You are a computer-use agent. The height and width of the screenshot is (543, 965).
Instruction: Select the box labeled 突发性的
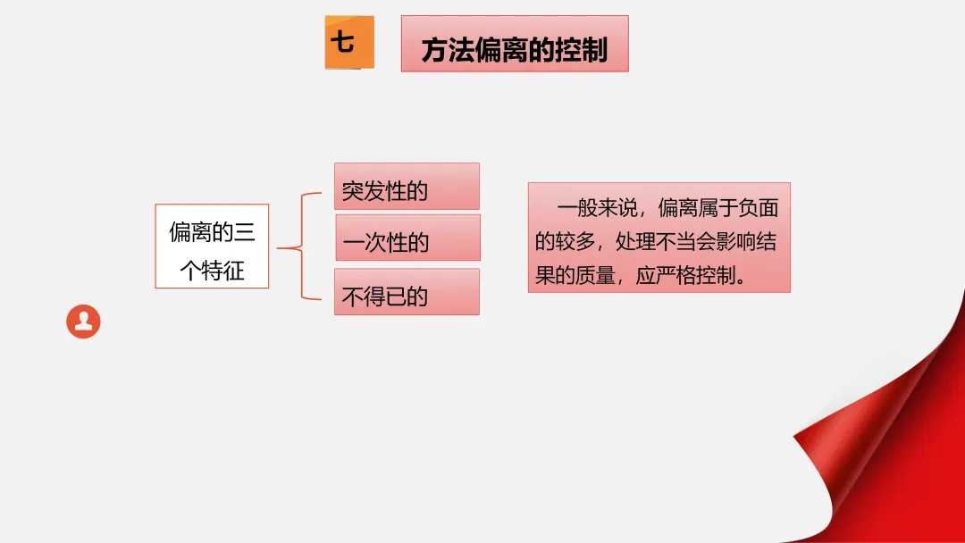tap(407, 187)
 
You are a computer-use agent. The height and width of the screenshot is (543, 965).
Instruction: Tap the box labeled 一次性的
tap(407, 238)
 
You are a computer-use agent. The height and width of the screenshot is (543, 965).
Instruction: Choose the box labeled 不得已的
tap(407, 292)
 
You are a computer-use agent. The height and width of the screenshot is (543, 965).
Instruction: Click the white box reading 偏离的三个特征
tap(212, 246)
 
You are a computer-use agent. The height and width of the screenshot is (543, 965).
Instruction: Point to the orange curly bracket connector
tap(298, 246)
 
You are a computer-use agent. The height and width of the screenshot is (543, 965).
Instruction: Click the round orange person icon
tap(83, 322)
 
